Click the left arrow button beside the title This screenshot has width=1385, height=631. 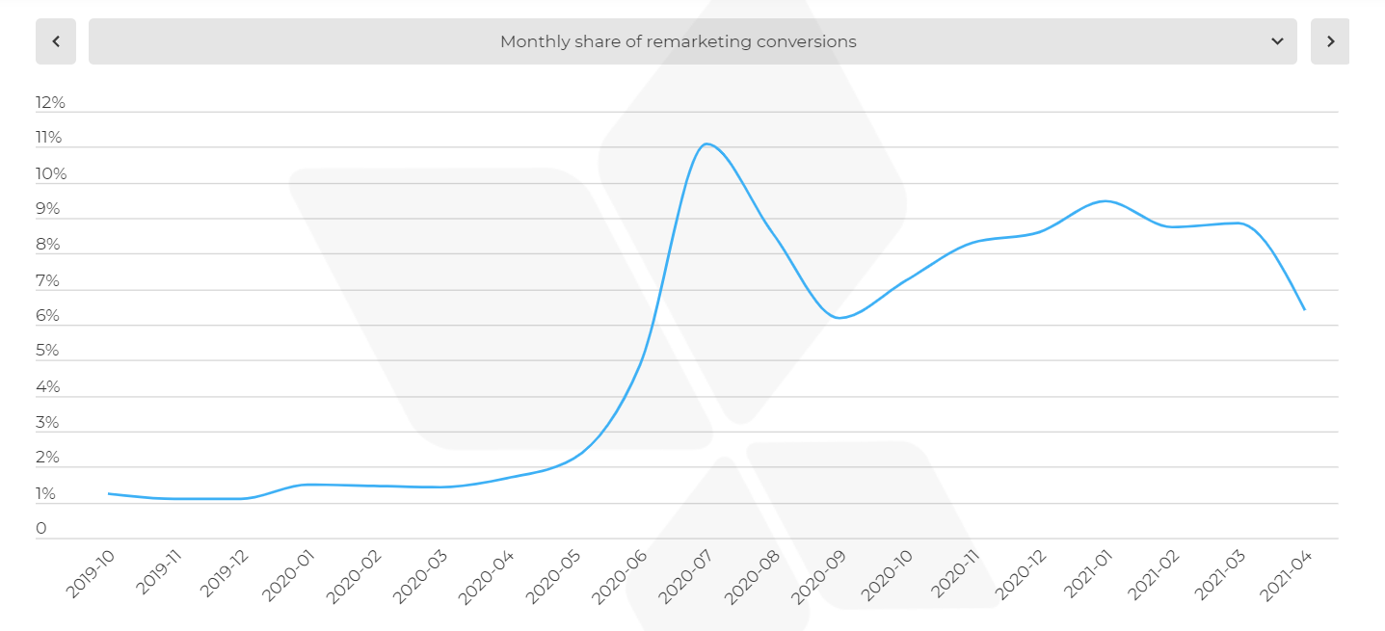(56, 41)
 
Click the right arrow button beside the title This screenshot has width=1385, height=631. (1330, 41)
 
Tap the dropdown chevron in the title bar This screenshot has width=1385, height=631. (1277, 41)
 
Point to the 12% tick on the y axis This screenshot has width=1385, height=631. (50, 102)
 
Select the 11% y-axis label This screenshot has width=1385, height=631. (49, 138)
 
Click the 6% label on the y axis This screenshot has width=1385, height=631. (48, 316)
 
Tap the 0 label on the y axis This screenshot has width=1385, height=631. (41, 528)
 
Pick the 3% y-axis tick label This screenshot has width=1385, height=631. (48, 422)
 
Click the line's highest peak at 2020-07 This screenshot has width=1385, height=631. (706, 144)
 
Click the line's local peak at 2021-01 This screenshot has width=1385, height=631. (1105, 200)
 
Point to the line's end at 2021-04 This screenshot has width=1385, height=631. (1305, 309)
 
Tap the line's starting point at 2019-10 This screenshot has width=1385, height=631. (109, 493)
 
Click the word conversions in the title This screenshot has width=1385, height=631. (809, 41)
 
